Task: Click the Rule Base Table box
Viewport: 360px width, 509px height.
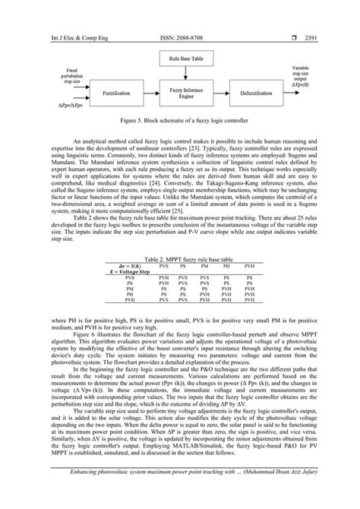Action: [x=179, y=57]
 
